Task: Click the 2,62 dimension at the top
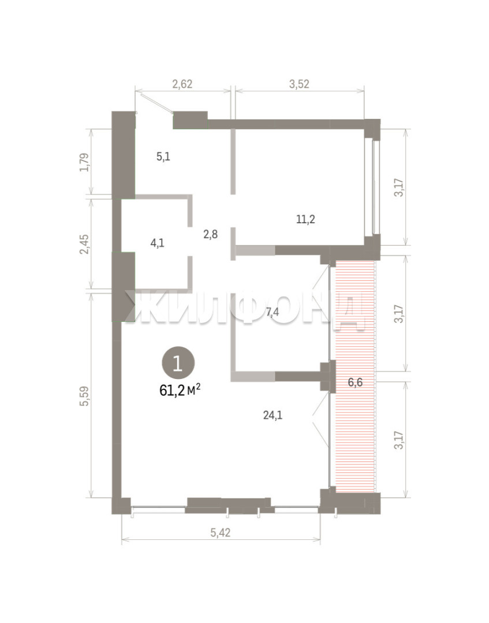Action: [x=182, y=84]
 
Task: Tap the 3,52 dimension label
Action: [x=299, y=84]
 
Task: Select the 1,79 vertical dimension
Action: [x=85, y=162]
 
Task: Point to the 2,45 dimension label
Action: [x=85, y=244]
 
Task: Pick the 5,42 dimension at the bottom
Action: [x=220, y=532]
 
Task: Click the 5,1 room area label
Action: [x=163, y=156]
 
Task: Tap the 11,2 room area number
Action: [x=306, y=219]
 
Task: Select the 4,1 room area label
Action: [x=158, y=243]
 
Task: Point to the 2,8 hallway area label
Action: [x=210, y=234]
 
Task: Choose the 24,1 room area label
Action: [x=273, y=415]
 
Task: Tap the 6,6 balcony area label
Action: [x=355, y=382]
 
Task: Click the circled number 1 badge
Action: [x=178, y=363]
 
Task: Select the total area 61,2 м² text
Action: [x=180, y=390]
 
